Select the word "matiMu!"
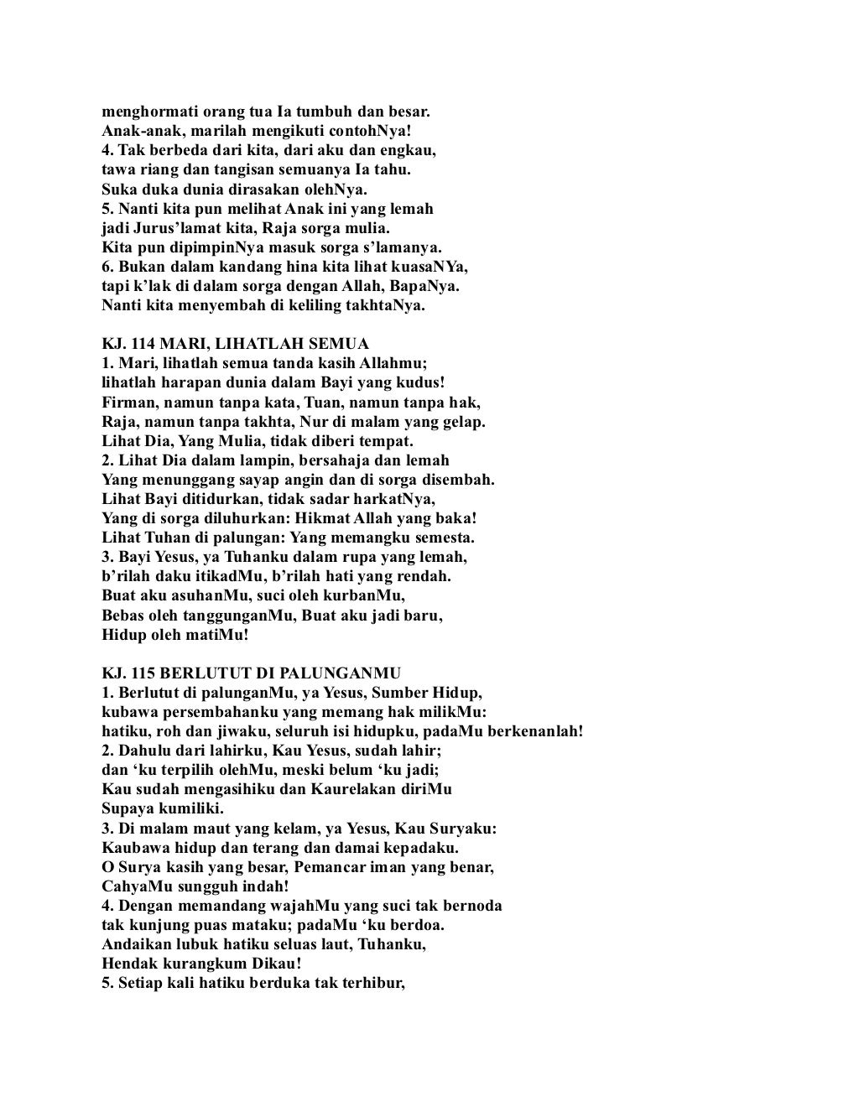[210, 634]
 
